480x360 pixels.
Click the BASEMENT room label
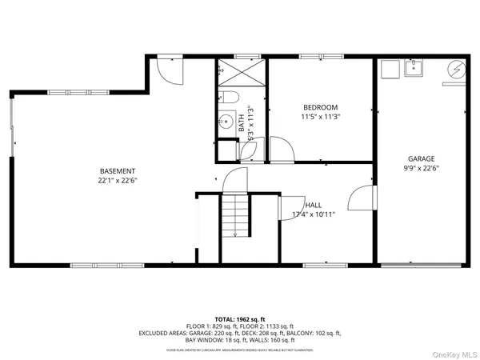click(117, 171)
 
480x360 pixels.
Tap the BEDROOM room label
click(320, 107)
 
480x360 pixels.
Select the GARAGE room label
click(421, 158)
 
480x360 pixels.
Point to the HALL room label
click(313, 206)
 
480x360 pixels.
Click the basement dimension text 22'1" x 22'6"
click(117, 181)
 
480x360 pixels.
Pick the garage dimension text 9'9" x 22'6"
click(421, 168)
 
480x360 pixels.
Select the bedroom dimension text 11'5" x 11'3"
click(320, 117)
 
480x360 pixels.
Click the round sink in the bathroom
click(222, 123)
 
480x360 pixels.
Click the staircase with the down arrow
click(235, 216)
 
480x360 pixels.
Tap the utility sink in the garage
click(414, 69)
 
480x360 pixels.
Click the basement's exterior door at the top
click(170, 69)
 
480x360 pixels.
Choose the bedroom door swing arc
click(282, 149)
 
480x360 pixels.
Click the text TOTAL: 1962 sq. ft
click(240, 319)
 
